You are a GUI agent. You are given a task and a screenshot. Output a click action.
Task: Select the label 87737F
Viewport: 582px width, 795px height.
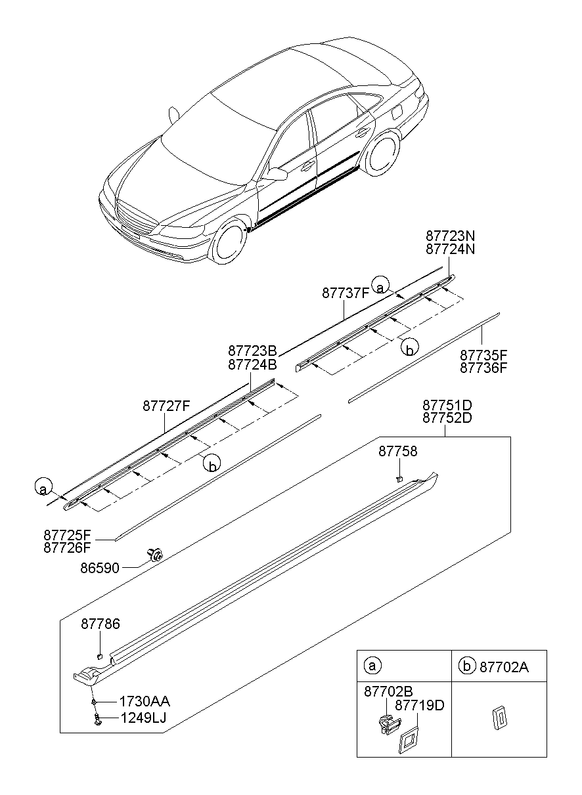click(346, 293)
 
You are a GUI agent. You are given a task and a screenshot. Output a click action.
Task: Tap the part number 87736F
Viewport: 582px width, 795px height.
click(483, 368)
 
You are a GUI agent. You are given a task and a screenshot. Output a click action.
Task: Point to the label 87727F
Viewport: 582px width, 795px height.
click(166, 406)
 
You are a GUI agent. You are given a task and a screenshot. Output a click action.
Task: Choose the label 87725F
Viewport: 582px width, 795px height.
click(67, 535)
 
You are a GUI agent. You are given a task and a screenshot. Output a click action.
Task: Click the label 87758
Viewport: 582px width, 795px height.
click(398, 452)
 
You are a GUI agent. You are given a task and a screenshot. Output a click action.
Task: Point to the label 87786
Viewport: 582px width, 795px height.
click(101, 624)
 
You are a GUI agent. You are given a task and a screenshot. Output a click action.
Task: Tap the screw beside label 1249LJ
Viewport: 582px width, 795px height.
click(97, 720)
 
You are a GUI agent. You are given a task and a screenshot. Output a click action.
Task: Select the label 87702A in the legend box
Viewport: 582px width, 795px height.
click(504, 666)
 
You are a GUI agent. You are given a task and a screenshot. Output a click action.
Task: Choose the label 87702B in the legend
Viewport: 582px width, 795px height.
click(389, 691)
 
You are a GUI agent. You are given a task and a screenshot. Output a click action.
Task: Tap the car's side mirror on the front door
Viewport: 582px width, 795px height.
click(277, 173)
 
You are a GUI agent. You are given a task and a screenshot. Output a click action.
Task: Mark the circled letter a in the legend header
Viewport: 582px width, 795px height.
click(372, 666)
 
